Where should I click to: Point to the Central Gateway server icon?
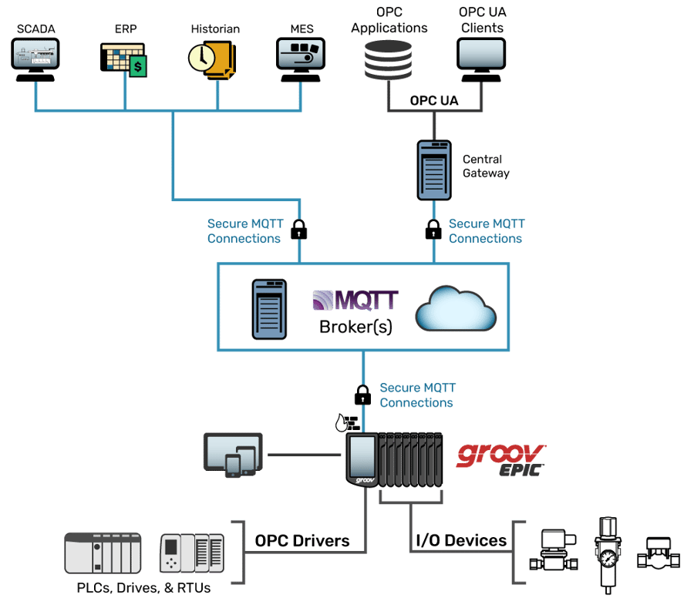click(433, 169)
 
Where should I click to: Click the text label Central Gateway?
click(486, 166)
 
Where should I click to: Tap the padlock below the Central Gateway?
click(433, 229)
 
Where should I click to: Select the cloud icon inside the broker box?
click(456, 309)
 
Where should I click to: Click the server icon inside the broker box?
click(270, 309)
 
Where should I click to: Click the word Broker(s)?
click(355, 327)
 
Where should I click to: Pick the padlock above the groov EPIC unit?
click(362, 395)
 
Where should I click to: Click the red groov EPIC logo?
click(501, 456)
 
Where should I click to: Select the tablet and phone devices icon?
click(232, 455)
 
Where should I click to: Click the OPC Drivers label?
click(302, 540)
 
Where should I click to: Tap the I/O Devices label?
click(461, 540)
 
